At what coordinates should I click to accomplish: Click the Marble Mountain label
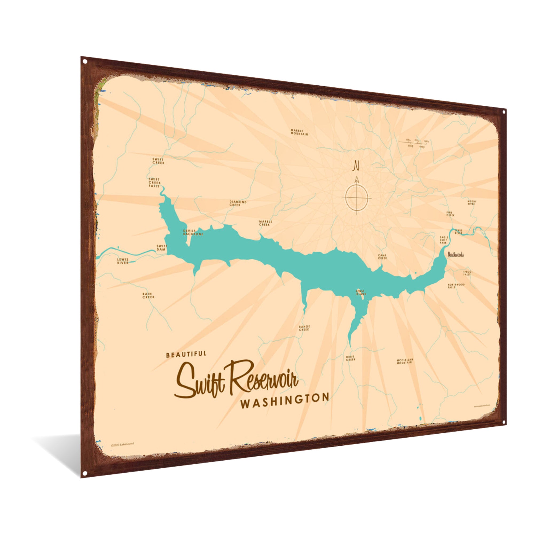[x=299, y=132]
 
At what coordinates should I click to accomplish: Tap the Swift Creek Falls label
[x=155, y=183]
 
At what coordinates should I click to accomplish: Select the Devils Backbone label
[x=193, y=233]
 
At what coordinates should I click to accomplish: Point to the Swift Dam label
[x=162, y=248]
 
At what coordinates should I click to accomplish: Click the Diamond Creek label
[x=238, y=203]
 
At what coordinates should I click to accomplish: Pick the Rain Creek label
[x=148, y=296]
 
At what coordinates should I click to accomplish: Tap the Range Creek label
[x=304, y=328]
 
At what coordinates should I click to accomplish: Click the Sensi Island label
[x=361, y=292]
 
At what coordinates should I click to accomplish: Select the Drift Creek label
[x=351, y=358]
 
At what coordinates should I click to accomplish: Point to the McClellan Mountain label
[x=405, y=361]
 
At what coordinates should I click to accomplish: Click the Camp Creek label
[x=383, y=257]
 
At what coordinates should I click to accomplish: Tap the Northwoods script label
[x=456, y=255]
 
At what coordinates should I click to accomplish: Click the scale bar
[x=414, y=142]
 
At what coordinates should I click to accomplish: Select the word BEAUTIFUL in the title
[x=186, y=354]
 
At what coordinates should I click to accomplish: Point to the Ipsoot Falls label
[x=468, y=273]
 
